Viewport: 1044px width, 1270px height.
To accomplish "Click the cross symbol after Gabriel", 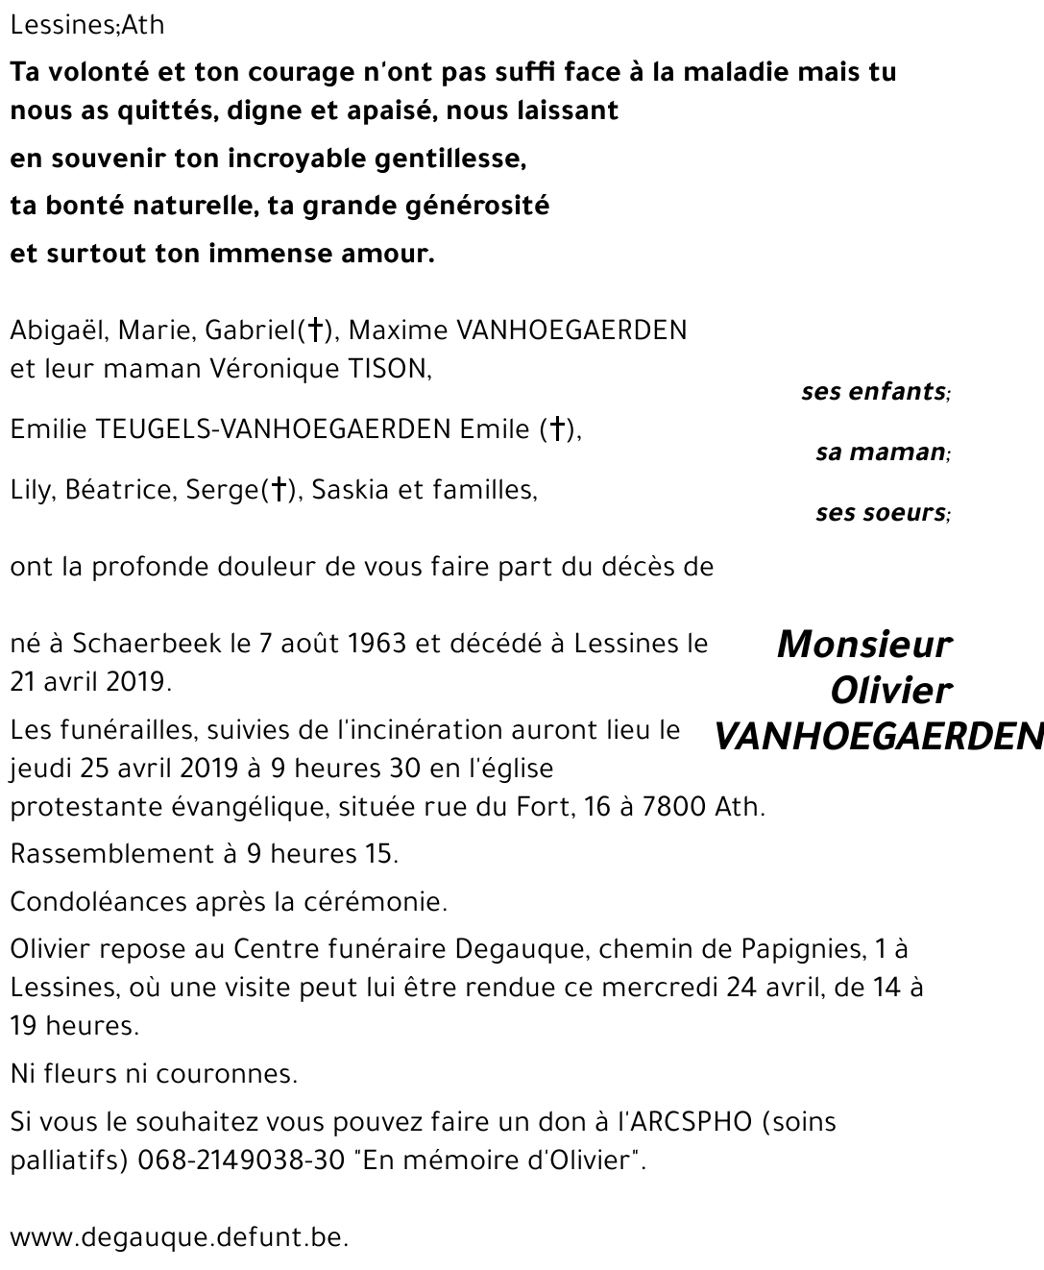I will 314,331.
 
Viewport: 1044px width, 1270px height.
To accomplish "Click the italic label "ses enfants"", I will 874,392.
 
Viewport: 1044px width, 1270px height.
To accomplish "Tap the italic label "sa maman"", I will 881,452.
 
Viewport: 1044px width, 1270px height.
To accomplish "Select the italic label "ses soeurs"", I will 881,513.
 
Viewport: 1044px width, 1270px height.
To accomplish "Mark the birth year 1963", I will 377,644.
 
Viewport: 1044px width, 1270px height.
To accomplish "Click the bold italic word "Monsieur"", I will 863,645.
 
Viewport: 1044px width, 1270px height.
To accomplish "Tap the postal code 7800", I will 675,807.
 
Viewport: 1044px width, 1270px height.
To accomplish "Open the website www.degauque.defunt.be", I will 179,1238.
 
